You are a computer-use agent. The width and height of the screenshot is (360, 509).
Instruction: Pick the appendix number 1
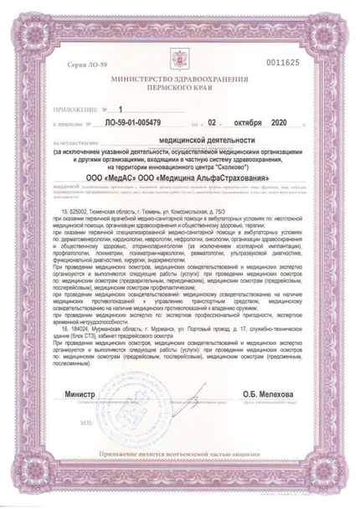pyautogui.click(x=121, y=110)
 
